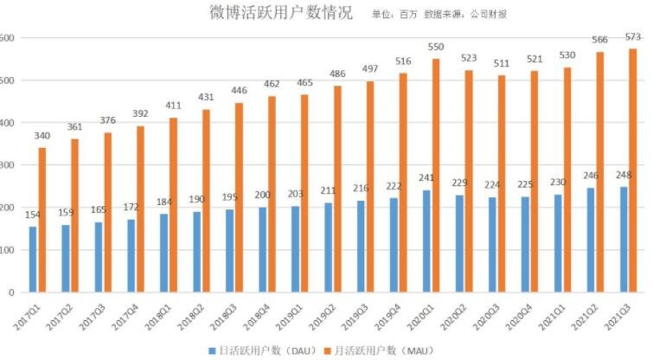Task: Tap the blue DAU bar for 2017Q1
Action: (x=33, y=259)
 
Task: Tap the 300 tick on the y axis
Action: (x=6, y=165)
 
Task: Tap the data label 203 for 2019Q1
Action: (x=295, y=194)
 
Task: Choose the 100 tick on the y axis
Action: (x=6, y=250)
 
